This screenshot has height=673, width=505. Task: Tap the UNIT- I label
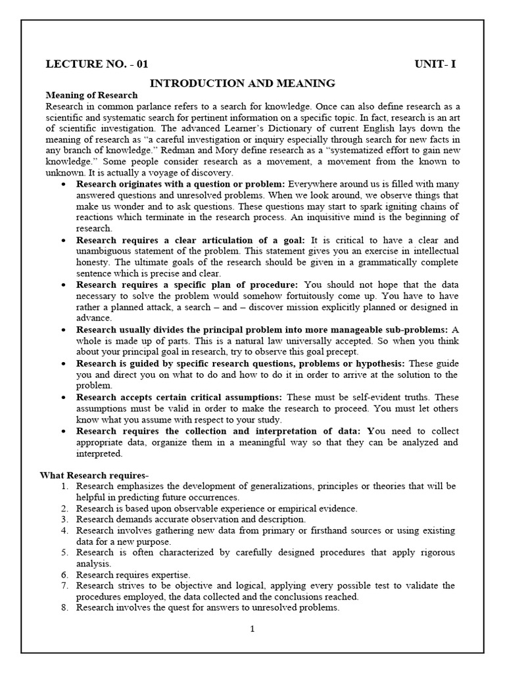[435, 64]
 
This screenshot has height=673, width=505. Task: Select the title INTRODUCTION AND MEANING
[243, 83]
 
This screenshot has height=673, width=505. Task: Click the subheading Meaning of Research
[91, 95]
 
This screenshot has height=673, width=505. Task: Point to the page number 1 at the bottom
[252, 629]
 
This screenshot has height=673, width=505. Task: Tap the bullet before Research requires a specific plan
[62, 285]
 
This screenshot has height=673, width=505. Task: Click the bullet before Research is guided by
[62, 363]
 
